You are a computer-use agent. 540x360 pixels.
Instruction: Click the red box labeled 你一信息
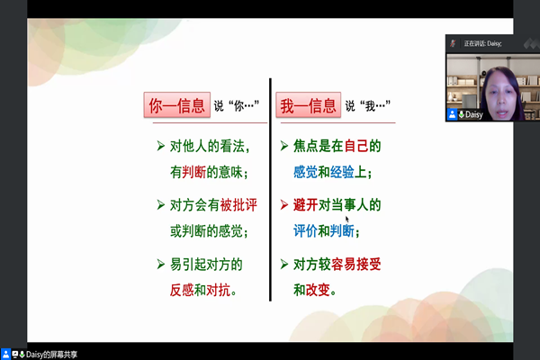click(177, 105)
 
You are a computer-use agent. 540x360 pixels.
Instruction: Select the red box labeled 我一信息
click(308, 105)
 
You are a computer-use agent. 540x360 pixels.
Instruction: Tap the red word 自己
click(356, 146)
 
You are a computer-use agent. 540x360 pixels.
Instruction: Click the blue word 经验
click(342, 172)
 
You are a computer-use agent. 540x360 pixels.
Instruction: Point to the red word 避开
click(305, 205)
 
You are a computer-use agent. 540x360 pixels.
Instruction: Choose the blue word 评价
click(305, 230)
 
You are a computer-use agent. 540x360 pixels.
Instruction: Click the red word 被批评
click(238, 205)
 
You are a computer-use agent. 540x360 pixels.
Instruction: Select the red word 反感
click(182, 290)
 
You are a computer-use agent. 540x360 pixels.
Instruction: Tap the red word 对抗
click(219, 290)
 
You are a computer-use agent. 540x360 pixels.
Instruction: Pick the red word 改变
click(318, 290)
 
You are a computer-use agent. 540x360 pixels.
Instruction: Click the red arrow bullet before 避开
click(284, 205)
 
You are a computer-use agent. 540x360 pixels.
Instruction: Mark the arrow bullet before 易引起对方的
click(161, 265)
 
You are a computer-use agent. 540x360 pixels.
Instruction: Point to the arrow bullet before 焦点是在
click(284, 146)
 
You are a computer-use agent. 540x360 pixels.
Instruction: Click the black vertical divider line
click(270, 190)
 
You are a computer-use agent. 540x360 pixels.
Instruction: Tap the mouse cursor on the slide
click(347, 220)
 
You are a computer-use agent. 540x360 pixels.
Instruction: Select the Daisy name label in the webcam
click(473, 114)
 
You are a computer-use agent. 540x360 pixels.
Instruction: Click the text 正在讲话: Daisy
click(482, 43)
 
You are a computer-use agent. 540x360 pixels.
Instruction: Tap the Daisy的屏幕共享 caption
click(51, 354)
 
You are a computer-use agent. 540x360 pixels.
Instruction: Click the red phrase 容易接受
click(356, 265)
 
